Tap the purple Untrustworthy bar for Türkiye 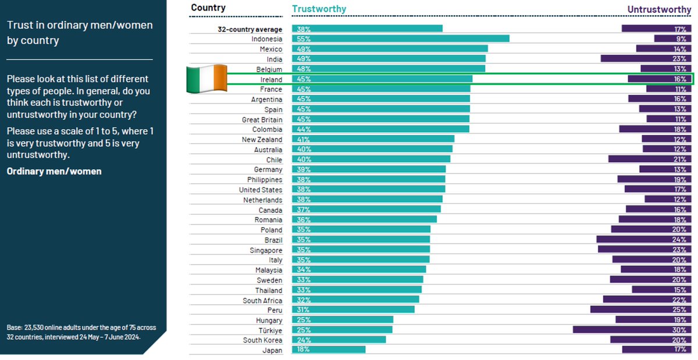coord(633,330)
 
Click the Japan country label coord(272,350)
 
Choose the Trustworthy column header coord(319,9)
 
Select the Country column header coord(208,8)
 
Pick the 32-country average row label coord(246,29)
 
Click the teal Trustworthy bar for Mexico coord(390,49)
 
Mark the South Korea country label coord(262,340)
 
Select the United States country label coord(261,190)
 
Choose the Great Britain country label coord(262,119)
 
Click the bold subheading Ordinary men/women coord(54,171)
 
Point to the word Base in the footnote coord(14,327)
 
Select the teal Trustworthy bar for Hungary coord(343,320)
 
